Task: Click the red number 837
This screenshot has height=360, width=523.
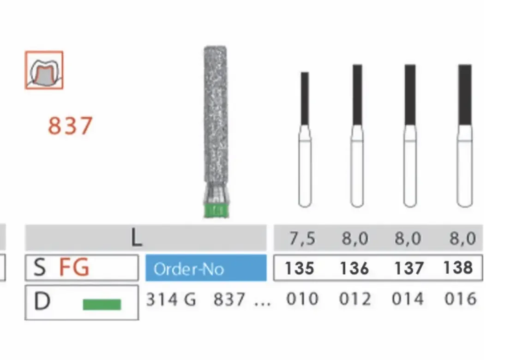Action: (70, 126)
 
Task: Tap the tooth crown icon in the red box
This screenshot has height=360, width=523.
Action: (44, 71)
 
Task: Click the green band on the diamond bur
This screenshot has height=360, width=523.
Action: (216, 210)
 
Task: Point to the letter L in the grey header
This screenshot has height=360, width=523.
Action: (137, 238)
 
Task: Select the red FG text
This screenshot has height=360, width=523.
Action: (74, 267)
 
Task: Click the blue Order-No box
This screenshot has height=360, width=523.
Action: (206, 268)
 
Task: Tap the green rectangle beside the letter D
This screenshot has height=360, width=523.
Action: (102, 304)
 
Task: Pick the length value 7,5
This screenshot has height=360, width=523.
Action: (302, 239)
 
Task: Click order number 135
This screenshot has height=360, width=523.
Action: (299, 268)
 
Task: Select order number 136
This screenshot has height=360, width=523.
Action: (354, 268)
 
